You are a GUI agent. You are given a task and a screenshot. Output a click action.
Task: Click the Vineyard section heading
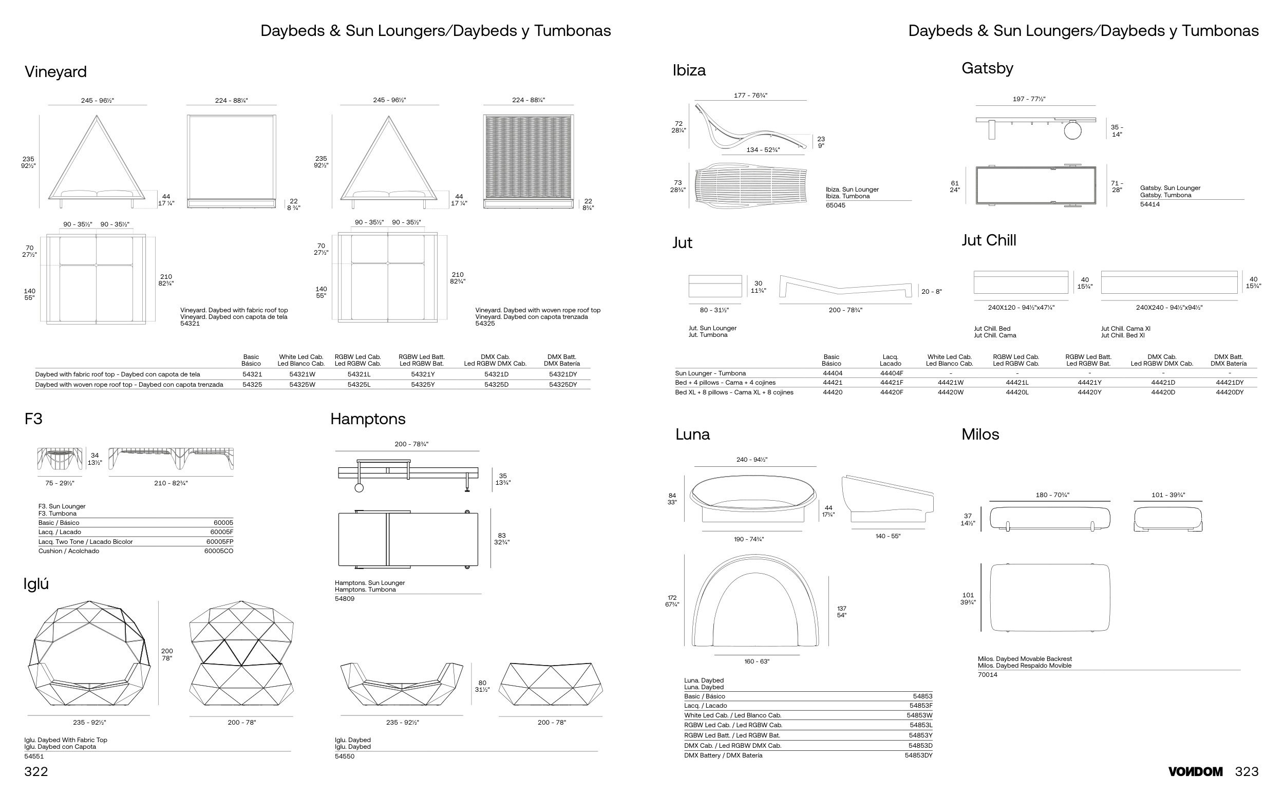(56, 72)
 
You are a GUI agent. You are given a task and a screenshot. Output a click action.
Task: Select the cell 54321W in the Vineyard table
(303, 374)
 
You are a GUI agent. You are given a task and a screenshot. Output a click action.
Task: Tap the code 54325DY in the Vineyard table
(562, 384)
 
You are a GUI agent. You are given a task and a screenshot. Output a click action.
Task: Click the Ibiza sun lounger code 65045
(836, 205)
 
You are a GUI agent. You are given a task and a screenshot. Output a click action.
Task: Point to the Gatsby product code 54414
(1150, 204)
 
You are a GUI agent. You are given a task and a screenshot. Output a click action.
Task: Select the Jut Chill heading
(989, 240)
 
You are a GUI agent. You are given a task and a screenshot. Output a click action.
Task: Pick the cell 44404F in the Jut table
(891, 373)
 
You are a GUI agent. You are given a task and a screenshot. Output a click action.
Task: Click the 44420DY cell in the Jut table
(1230, 392)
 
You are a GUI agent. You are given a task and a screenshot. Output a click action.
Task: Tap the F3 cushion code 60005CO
(219, 551)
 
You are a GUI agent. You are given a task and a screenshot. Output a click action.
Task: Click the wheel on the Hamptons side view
(359, 488)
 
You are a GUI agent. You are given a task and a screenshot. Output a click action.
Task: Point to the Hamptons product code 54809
(345, 599)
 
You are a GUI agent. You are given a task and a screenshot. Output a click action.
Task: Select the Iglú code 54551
(34, 756)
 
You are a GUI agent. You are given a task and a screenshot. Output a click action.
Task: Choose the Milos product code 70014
(988, 675)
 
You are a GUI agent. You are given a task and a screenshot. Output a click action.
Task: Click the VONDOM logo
(1195, 772)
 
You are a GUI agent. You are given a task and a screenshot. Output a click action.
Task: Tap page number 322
(36, 772)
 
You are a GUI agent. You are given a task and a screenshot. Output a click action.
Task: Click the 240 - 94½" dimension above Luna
(751, 460)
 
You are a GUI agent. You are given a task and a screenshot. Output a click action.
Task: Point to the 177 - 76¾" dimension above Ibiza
(750, 96)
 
